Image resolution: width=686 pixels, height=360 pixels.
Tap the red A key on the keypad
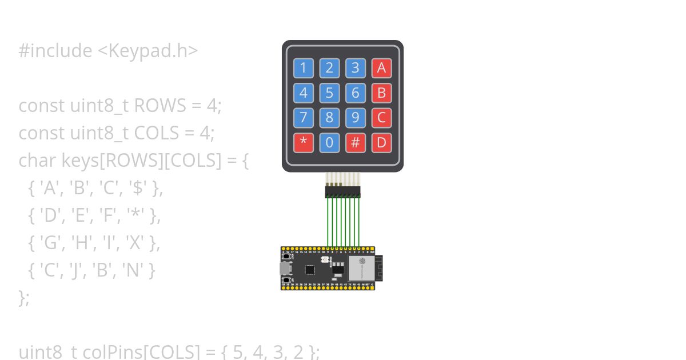(381, 69)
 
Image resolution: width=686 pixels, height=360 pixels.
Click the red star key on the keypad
(303, 142)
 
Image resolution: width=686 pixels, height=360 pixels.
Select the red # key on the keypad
(355, 142)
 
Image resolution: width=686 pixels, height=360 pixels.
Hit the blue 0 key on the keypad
(329, 142)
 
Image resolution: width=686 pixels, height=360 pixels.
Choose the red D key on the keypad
(381, 142)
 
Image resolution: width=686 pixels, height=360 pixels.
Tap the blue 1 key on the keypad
(303, 69)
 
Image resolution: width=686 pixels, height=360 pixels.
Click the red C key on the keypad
(381, 118)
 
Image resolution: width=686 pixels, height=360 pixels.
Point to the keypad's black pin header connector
(342, 191)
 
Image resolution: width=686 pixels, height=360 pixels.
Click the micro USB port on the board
(284, 268)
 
